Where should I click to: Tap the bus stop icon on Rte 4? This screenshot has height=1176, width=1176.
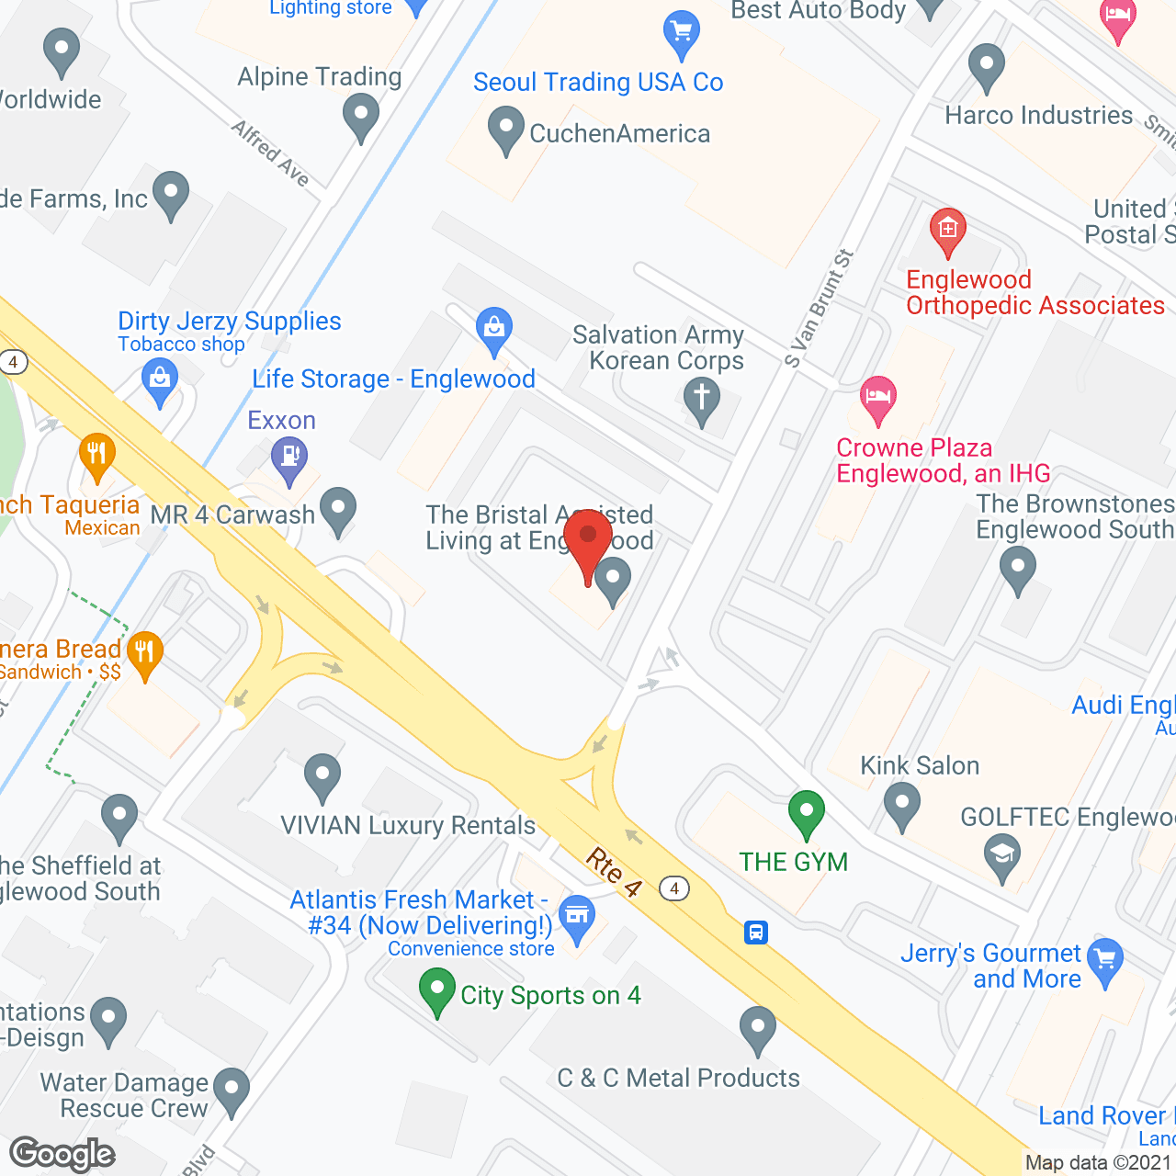pos(755,933)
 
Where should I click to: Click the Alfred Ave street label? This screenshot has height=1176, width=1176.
pos(271,153)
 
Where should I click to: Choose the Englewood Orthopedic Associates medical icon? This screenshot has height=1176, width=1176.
pos(947,232)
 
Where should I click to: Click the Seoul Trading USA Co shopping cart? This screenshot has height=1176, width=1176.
pos(681,33)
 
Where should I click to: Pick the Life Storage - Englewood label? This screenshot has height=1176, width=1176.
pos(393,379)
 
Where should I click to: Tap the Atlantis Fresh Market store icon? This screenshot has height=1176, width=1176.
pos(577,918)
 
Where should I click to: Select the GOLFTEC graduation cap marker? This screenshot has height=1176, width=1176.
pos(1002,854)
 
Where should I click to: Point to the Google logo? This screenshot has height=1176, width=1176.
pos(62,1154)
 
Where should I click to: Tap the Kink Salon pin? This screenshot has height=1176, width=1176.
pos(901,805)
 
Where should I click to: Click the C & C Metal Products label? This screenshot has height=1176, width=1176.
pos(678,1078)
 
